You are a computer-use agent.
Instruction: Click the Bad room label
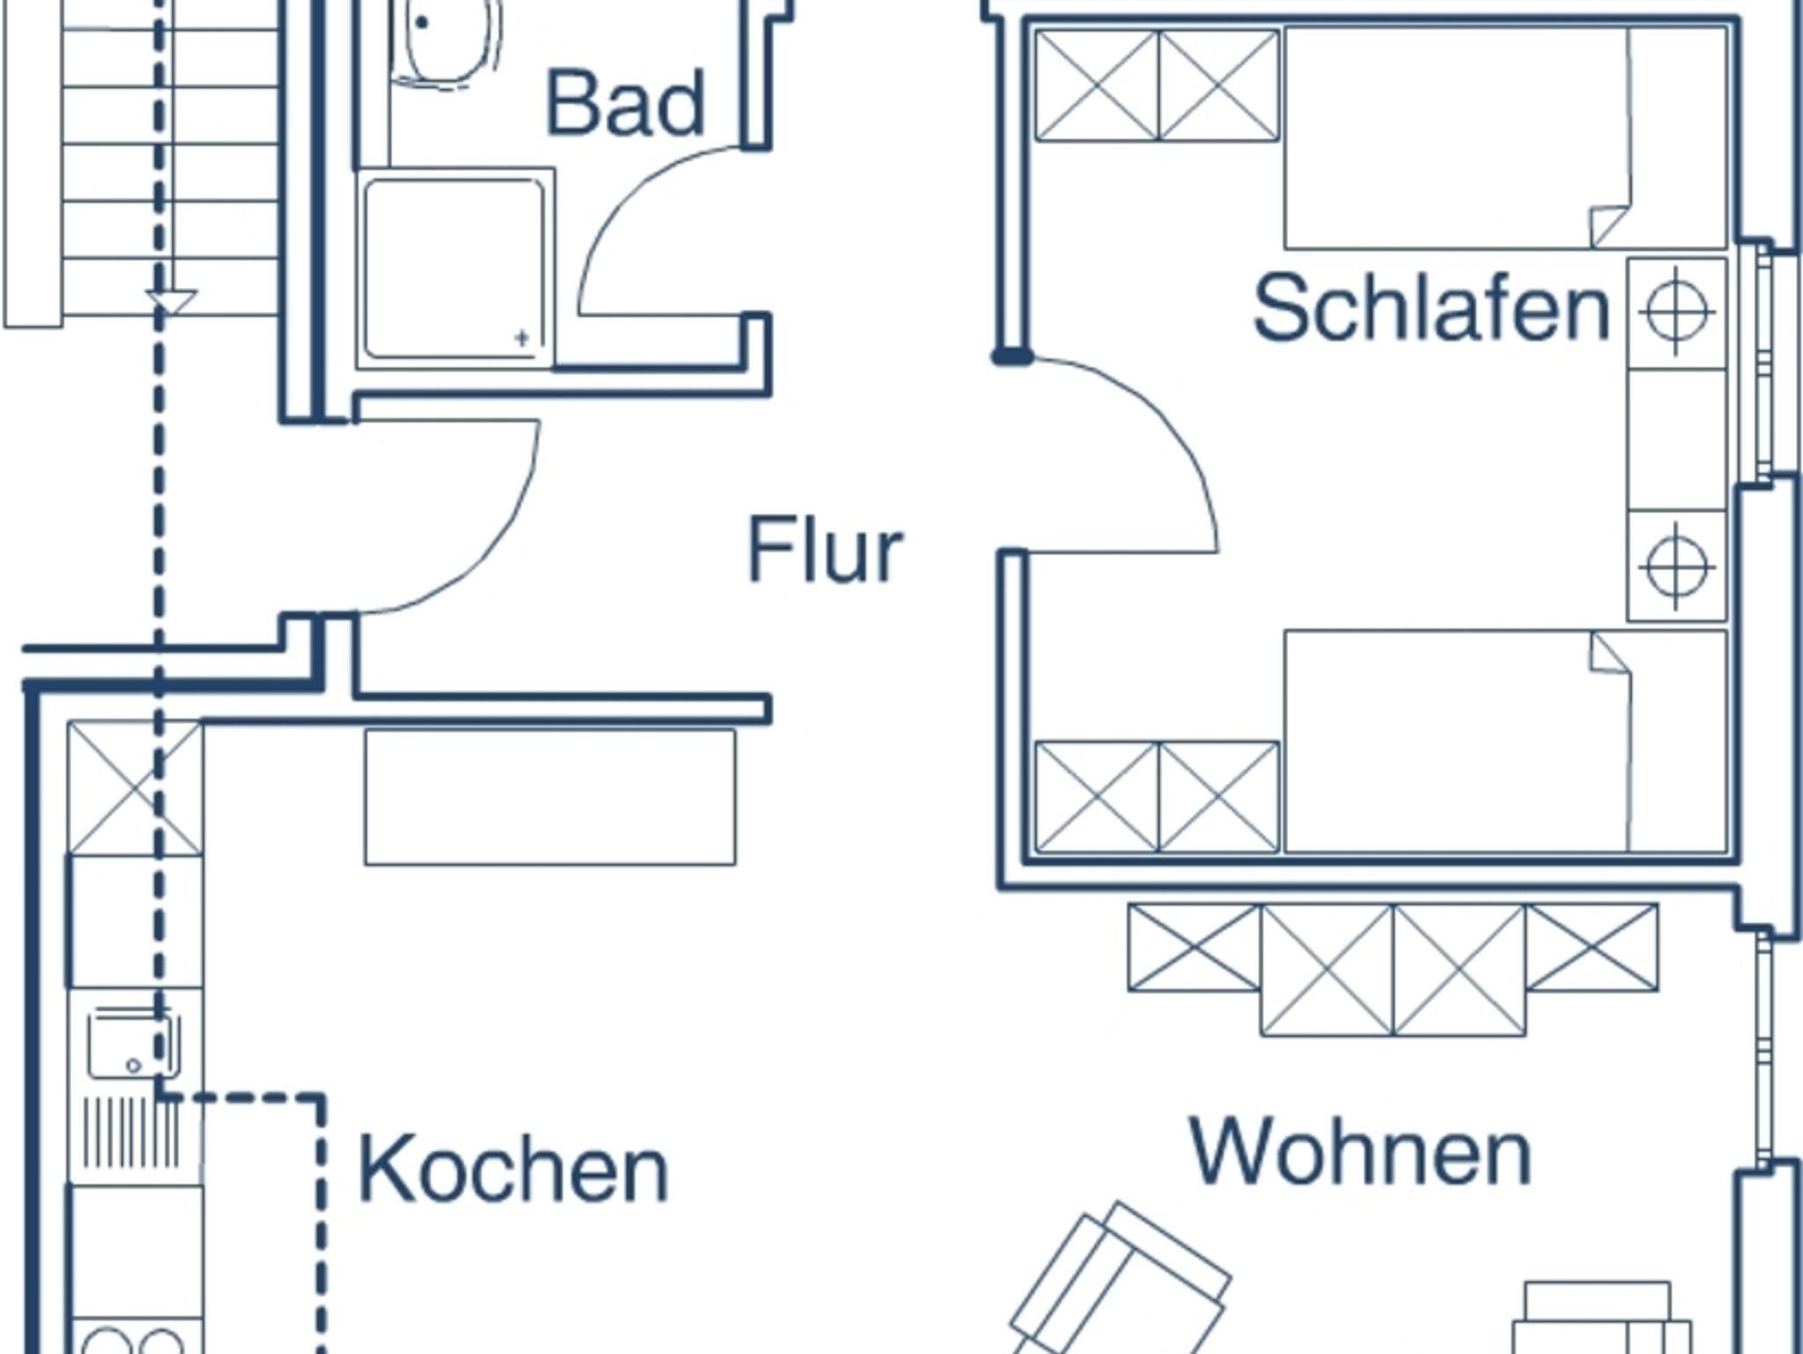click(626, 104)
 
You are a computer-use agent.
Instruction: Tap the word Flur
click(825, 549)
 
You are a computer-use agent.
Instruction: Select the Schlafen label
click(1431, 308)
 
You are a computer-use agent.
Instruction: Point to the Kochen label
click(513, 1170)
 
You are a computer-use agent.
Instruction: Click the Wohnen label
click(1360, 1152)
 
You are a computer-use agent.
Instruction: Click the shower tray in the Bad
click(454, 269)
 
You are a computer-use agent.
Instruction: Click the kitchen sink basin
click(132, 1046)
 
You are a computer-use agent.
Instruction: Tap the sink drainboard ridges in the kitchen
click(132, 1130)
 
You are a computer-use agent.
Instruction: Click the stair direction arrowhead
click(172, 302)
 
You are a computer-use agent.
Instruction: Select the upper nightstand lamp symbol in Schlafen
click(1676, 312)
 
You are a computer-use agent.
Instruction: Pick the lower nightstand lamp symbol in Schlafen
click(1676, 566)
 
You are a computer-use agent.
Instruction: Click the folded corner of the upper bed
click(1609, 226)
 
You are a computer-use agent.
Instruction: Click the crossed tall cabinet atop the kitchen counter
click(135, 788)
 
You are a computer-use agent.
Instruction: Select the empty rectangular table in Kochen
click(549, 797)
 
